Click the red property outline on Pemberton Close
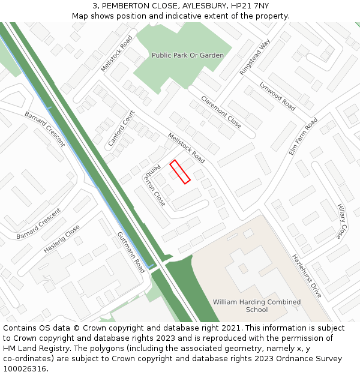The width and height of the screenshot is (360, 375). pos(180,172)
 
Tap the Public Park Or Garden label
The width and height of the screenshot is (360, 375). pos(187,55)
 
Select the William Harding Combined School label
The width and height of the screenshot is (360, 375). pos(257,305)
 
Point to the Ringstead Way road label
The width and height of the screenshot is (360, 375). pos(255,57)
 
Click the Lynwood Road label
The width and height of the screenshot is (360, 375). pos(277,96)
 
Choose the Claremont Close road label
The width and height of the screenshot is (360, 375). pos(221,112)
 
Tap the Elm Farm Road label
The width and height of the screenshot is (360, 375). pos(303,137)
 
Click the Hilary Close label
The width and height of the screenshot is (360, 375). pos(342,220)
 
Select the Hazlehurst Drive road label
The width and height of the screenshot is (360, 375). pos(307,275)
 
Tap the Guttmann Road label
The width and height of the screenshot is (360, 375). pos(131,252)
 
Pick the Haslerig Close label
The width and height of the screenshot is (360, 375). pos(61,239)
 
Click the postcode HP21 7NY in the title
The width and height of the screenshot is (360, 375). pos(248,6)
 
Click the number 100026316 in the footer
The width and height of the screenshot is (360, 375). pos(25,368)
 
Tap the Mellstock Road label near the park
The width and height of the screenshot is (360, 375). pos(116,53)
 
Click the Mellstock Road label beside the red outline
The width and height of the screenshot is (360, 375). pos(186,148)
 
